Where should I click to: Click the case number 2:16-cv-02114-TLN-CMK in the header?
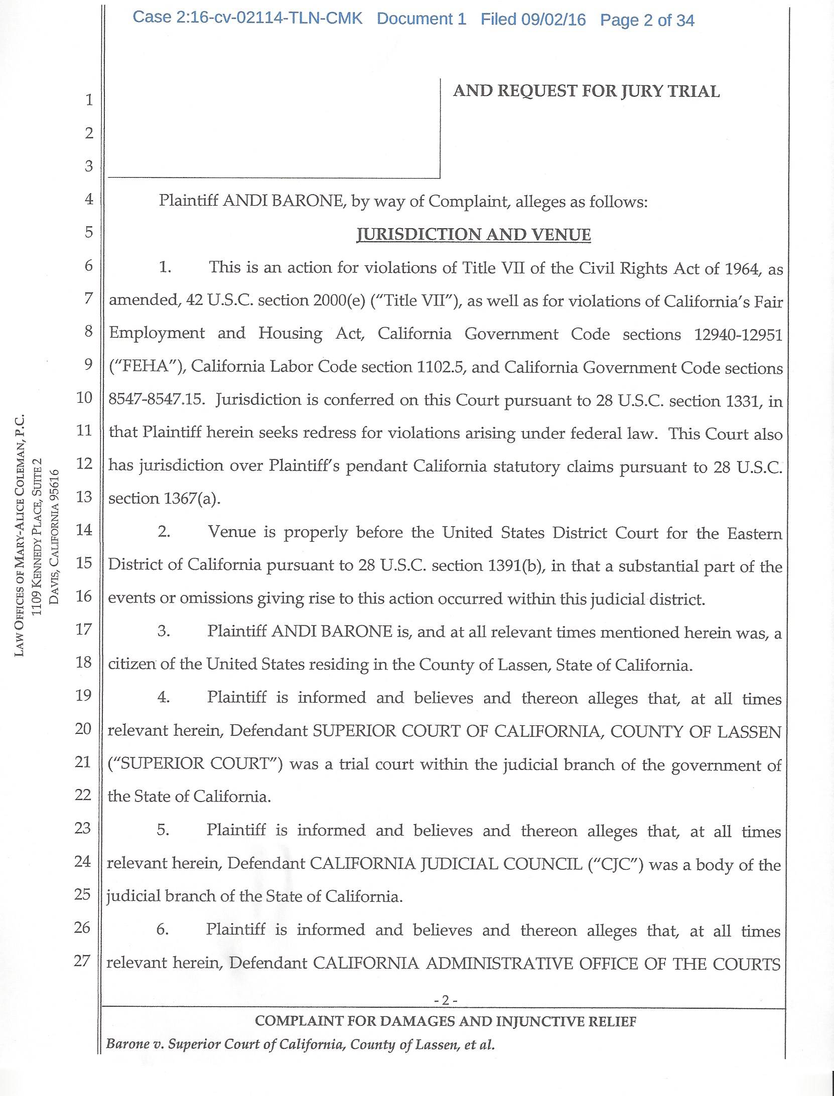(247, 19)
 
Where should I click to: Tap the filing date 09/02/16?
(553, 20)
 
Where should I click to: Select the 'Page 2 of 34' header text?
(647, 20)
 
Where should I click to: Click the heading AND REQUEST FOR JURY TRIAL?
(586, 91)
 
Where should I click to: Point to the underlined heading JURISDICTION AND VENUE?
(473, 235)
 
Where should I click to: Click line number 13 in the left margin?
(84, 497)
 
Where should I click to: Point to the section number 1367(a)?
(192, 499)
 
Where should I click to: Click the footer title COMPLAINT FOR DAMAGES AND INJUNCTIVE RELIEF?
(445, 1021)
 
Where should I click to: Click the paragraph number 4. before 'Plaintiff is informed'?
(164, 698)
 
